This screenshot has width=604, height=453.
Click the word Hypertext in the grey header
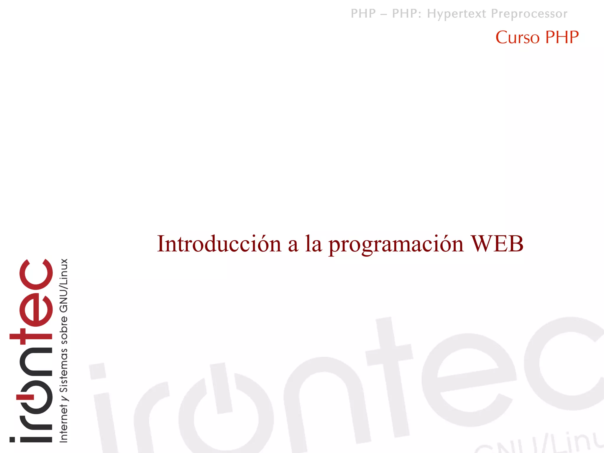(x=457, y=14)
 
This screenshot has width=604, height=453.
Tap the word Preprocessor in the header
(x=529, y=14)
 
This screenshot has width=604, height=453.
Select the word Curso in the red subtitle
(x=518, y=37)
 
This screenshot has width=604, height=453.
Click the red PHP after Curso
(x=562, y=37)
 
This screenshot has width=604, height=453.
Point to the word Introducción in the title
(x=219, y=244)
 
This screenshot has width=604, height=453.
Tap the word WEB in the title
(x=497, y=244)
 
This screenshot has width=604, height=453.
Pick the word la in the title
(x=313, y=244)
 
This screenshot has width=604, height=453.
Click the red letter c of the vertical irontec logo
(x=36, y=274)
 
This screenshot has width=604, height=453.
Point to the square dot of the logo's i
(x=12, y=440)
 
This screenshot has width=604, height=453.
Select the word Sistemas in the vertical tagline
(x=64, y=370)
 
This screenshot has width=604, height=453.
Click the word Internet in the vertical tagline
(x=64, y=423)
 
